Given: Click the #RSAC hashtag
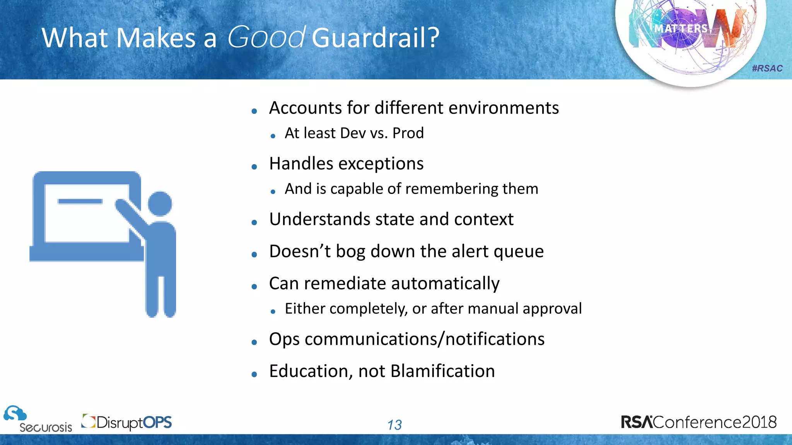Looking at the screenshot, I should (767, 68).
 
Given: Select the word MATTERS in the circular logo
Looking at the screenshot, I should (681, 29).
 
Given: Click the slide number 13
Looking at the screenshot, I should (394, 425).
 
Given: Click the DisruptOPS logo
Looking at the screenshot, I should (127, 422).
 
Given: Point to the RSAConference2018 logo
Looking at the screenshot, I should (698, 422).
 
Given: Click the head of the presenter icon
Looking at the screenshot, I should (160, 204).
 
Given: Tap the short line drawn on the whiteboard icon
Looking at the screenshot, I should (80, 201).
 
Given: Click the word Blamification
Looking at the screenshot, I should (442, 371).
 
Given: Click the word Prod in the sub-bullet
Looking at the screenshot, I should (408, 133).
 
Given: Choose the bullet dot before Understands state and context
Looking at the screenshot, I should (254, 222).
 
